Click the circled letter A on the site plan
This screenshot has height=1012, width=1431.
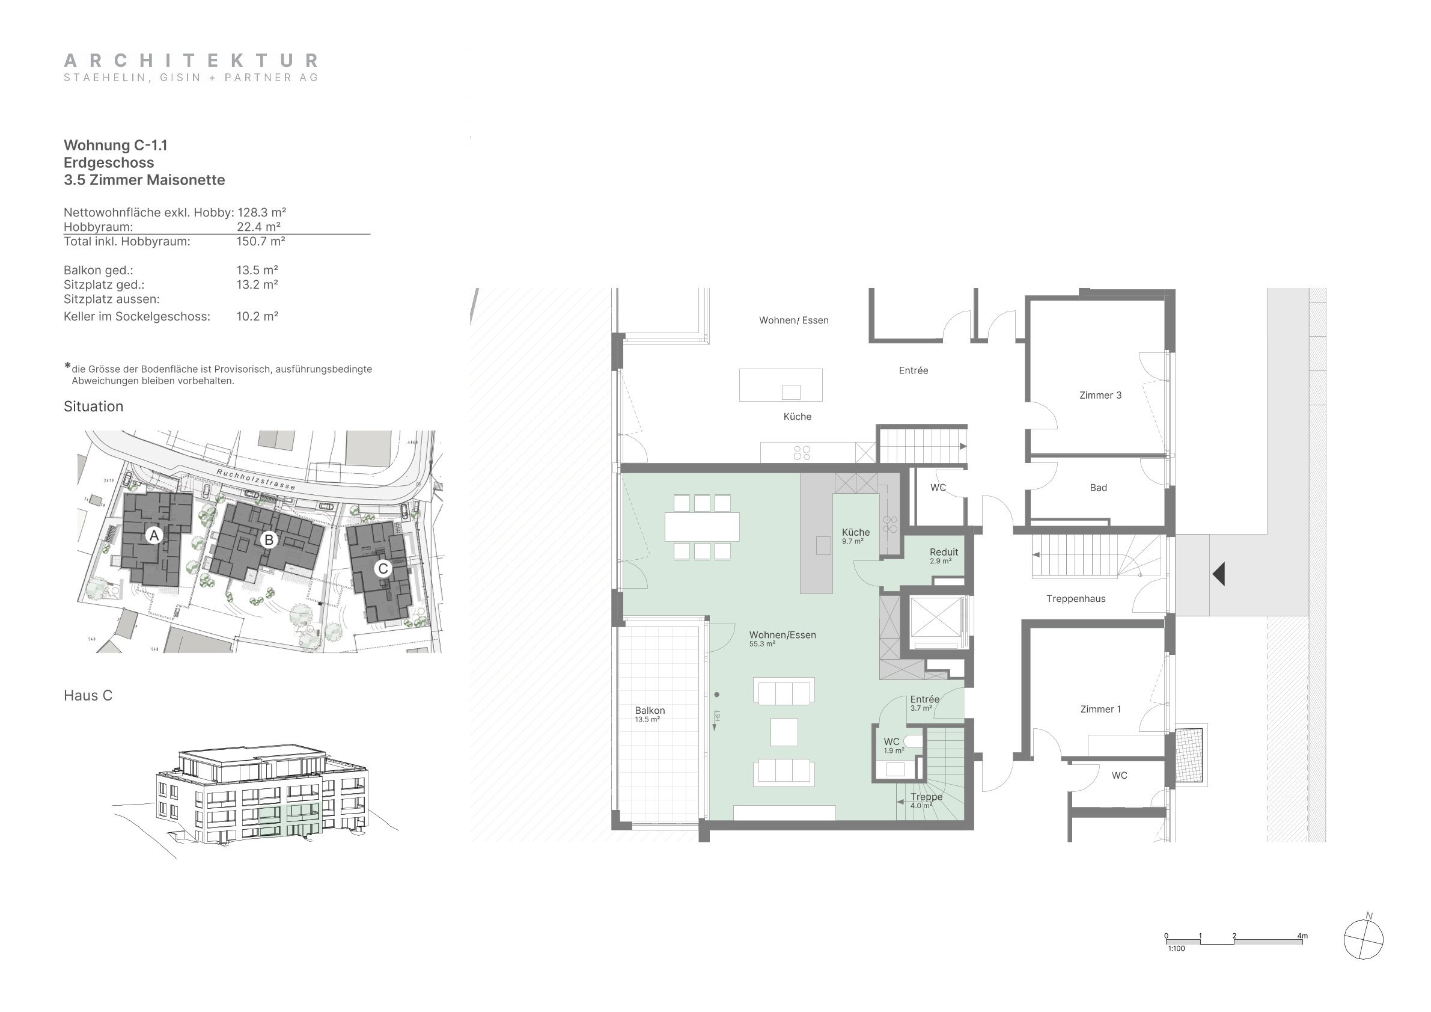tap(154, 535)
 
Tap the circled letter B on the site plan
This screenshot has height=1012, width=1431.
tap(269, 539)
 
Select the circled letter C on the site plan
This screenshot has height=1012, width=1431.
tap(383, 568)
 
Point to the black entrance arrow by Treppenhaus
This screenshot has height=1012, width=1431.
tap(1218, 574)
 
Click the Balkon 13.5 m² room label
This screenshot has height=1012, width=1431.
tap(650, 714)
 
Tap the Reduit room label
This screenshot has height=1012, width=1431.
tap(944, 552)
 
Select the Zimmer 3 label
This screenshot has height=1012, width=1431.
tap(1100, 395)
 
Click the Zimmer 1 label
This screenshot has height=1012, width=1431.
tap(1100, 709)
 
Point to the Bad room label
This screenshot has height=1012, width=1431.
tap(1098, 488)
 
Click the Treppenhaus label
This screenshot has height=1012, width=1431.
tap(1076, 598)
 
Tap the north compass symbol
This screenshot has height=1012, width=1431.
tap(1363, 938)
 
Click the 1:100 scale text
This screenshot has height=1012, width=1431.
tap(1176, 948)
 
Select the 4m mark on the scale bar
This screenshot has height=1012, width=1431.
tap(1302, 936)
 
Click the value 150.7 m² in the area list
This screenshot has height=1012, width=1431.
tap(260, 241)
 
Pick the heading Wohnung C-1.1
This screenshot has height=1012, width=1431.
tap(115, 146)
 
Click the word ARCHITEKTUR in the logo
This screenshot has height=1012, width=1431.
tap(191, 61)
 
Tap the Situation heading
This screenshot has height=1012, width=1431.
tap(94, 406)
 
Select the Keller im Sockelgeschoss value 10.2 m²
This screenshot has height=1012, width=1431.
tap(257, 316)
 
